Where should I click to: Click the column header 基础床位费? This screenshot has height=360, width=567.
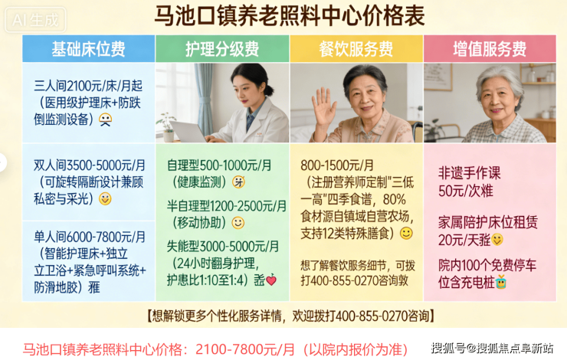[x=88, y=49]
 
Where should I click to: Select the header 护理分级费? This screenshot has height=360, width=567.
[x=222, y=49]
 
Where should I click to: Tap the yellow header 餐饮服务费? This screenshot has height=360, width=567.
[x=356, y=49]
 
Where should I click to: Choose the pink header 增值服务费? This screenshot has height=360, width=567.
[x=490, y=49]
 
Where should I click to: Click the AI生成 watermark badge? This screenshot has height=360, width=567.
[x=35, y=20]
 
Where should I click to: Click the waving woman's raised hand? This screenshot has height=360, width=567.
[x=324, y=106]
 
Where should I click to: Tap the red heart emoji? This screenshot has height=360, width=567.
[x=271, y=280]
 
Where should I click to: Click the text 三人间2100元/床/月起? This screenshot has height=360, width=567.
[x=88, y=86]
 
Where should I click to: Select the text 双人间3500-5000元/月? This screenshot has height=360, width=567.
[x=90, y=165]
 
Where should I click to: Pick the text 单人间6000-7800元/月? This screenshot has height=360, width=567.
[x=90, y=237]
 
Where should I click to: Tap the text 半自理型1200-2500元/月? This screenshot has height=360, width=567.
[x=226, y=206]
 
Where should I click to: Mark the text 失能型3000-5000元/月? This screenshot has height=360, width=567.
[x=223, y=247]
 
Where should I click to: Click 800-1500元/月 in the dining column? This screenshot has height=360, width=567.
[x=337, y=165]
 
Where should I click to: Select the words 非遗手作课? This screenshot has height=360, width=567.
[x=470, y=173]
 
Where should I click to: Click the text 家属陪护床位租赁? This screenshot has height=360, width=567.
[x=488, y=222]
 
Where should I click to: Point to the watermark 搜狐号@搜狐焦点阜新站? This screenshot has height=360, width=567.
[x=492, y=348]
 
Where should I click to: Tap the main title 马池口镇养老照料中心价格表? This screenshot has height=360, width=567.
[x=290, y=16]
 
